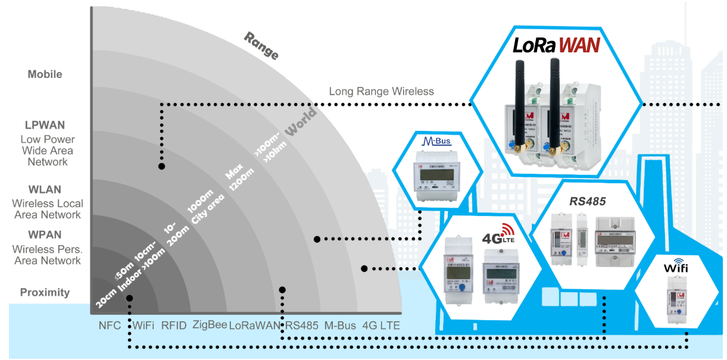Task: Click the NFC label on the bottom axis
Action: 110,325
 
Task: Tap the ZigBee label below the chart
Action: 210,325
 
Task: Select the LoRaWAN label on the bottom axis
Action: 254,325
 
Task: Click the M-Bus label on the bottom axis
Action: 340,325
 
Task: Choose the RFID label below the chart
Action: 174,325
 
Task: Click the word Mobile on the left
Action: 45,74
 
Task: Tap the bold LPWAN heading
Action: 45,126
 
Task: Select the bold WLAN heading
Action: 46,190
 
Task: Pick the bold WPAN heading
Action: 45,235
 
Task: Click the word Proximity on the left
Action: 45,292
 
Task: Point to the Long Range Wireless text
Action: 381,91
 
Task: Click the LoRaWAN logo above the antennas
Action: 556,45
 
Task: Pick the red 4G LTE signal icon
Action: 506,230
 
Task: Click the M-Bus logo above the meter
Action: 438,142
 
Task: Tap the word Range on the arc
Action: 261,46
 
